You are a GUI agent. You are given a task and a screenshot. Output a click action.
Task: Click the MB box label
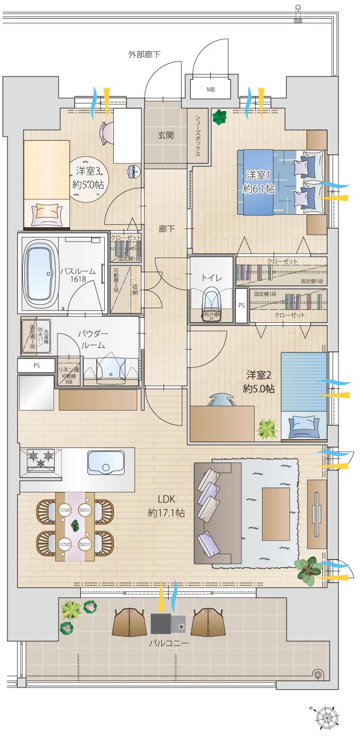click(211, 90)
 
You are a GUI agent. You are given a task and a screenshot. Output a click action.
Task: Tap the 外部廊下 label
click(144, 55)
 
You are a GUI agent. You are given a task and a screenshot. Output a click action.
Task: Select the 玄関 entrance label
click(166, 136)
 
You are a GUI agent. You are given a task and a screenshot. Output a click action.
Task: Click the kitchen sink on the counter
click(106, 462)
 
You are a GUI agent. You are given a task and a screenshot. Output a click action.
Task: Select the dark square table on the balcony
click(161, 624)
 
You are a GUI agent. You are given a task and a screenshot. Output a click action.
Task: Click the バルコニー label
click(169, 644)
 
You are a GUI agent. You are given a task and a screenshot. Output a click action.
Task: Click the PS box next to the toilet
click(242, 305)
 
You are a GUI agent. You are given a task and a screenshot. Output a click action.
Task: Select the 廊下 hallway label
click(167, 229)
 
